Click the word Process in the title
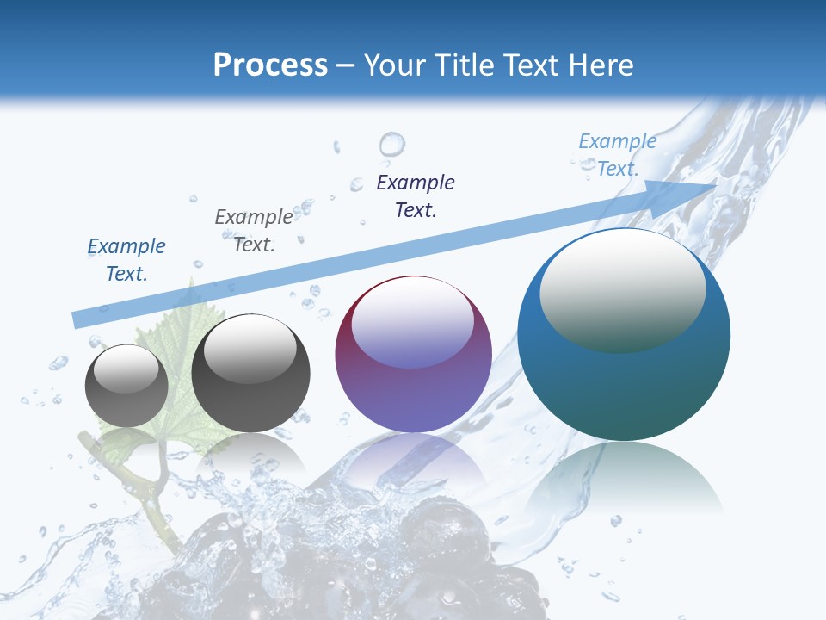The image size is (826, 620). click(x=270, y=65)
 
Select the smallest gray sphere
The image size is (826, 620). click(x=126, y=386)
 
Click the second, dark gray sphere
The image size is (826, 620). click(x=250, y=374)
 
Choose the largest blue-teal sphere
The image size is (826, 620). click(x=624, y=334)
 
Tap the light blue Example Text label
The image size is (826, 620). click(x=617, y=155)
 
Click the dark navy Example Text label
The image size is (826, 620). click(x=416, y=195)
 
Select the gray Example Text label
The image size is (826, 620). click(x=254, y=230)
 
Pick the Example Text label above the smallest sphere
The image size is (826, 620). click(x=126, y=259)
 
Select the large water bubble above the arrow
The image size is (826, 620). click(x=391, y=143)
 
